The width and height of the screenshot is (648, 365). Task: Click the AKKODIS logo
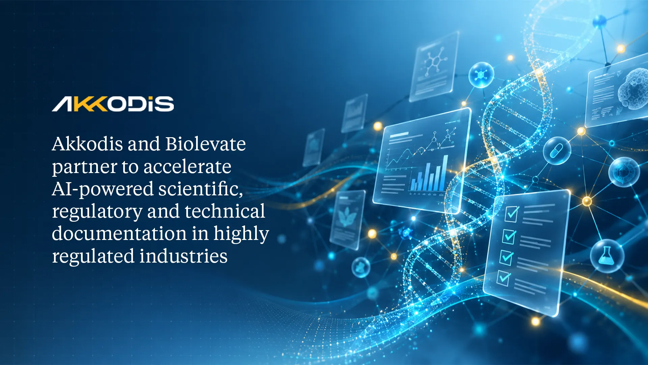tap(113, 104)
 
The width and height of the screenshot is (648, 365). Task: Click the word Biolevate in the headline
tap(206, 144)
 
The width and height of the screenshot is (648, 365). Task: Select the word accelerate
tap(188, 167)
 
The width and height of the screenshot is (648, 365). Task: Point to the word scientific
tap(201, 189)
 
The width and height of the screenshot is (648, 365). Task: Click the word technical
tap(225, 211)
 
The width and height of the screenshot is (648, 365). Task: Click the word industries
tap(184, 256)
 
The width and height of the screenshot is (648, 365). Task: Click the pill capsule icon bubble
tap(557, 151)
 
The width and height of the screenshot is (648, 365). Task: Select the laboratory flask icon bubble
tap(607, 256)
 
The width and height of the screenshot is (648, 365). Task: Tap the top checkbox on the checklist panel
tap(512, 214)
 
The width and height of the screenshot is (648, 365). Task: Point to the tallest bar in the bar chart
tap(445, 173)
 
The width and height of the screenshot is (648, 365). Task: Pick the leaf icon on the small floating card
tap(345, 216)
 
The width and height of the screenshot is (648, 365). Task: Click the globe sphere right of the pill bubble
tap(624, 172)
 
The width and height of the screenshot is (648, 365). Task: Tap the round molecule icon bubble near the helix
tap(481, 75)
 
